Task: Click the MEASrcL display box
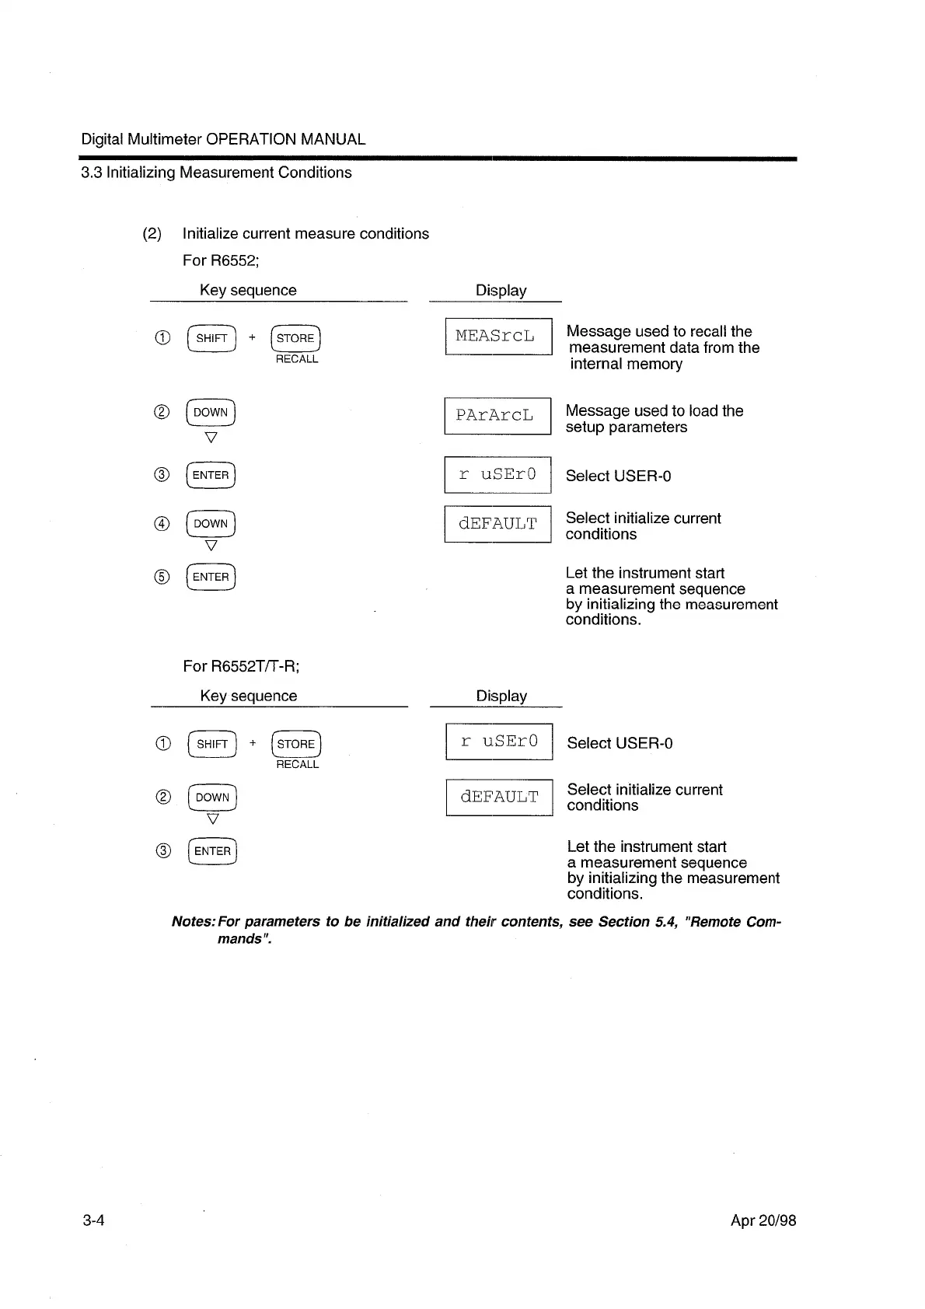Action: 497,337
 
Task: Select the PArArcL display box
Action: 497,416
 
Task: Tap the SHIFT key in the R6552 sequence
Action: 211,338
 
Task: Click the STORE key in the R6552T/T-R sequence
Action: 295,744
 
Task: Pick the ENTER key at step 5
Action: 211,577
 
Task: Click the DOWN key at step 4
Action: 211,524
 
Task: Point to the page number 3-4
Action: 93,1220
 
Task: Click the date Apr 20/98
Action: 763,1220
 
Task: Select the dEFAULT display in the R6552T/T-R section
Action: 499,798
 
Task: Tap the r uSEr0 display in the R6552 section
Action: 497,475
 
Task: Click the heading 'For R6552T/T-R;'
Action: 241,666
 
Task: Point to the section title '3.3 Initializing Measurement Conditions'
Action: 216,173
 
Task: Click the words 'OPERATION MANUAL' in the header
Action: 285,140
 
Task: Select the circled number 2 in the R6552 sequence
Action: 162,413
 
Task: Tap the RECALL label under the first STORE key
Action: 297,359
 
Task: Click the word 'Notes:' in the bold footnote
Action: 194,922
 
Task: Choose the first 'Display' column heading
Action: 501,291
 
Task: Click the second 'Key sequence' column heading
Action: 248,696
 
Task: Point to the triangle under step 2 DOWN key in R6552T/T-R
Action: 213,819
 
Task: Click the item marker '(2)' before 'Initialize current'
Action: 152,234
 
